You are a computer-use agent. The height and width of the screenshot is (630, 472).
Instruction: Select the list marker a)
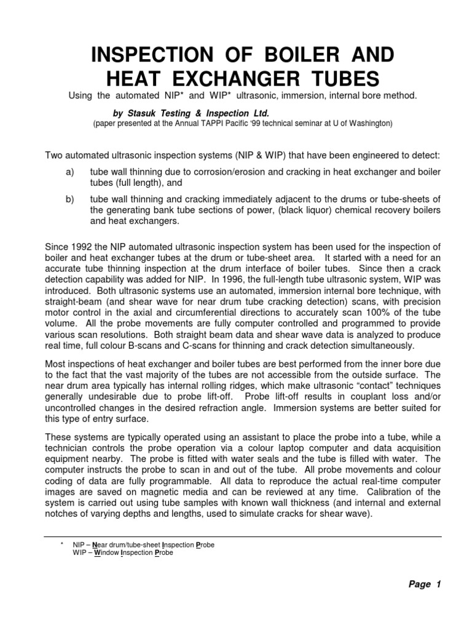coord(69,172)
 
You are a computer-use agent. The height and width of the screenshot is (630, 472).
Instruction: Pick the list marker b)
coord(69,199)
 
